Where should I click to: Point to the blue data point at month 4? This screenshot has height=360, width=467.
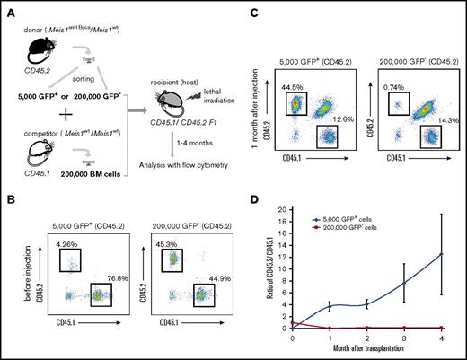pyautogui.click(x=442, y=254)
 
